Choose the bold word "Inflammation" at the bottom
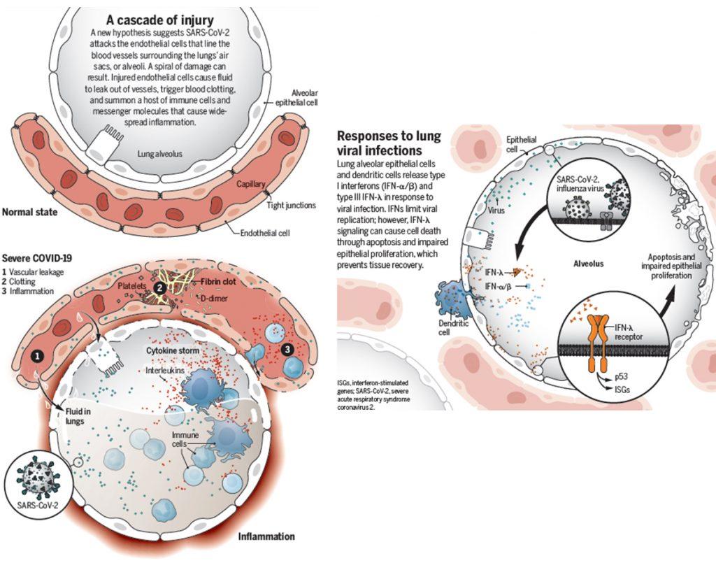(x=266, y=536)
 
